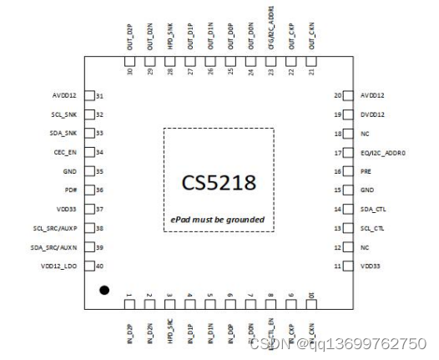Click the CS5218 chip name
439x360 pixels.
[218, 181]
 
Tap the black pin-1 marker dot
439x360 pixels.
[104, 290]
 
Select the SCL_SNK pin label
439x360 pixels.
[65, 114]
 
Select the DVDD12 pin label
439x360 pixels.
[371, 114]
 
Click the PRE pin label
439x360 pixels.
[365, 171]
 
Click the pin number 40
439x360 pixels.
[100, 266]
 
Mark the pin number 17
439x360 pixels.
[339, 152]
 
